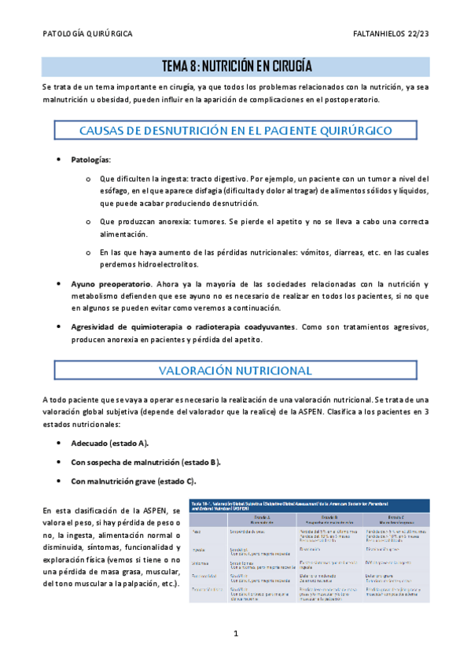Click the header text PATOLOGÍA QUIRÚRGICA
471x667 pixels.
click(x=86, y=35)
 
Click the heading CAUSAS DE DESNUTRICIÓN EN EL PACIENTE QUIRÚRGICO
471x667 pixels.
click(x=235, y=130)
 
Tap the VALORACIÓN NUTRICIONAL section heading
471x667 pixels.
click(x=235, y=370)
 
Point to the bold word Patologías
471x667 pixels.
click(x=91, y=160)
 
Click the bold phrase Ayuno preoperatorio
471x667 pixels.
click(x=110, y=283)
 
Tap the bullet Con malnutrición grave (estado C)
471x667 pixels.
click(x=134, y=481)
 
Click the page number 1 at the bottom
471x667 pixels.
click(x=235, y=633)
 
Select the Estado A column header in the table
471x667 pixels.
click(x=257, y=516)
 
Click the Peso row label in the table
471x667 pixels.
click(x=194, y=532)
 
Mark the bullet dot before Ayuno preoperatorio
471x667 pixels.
click(x=61, y=283)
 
